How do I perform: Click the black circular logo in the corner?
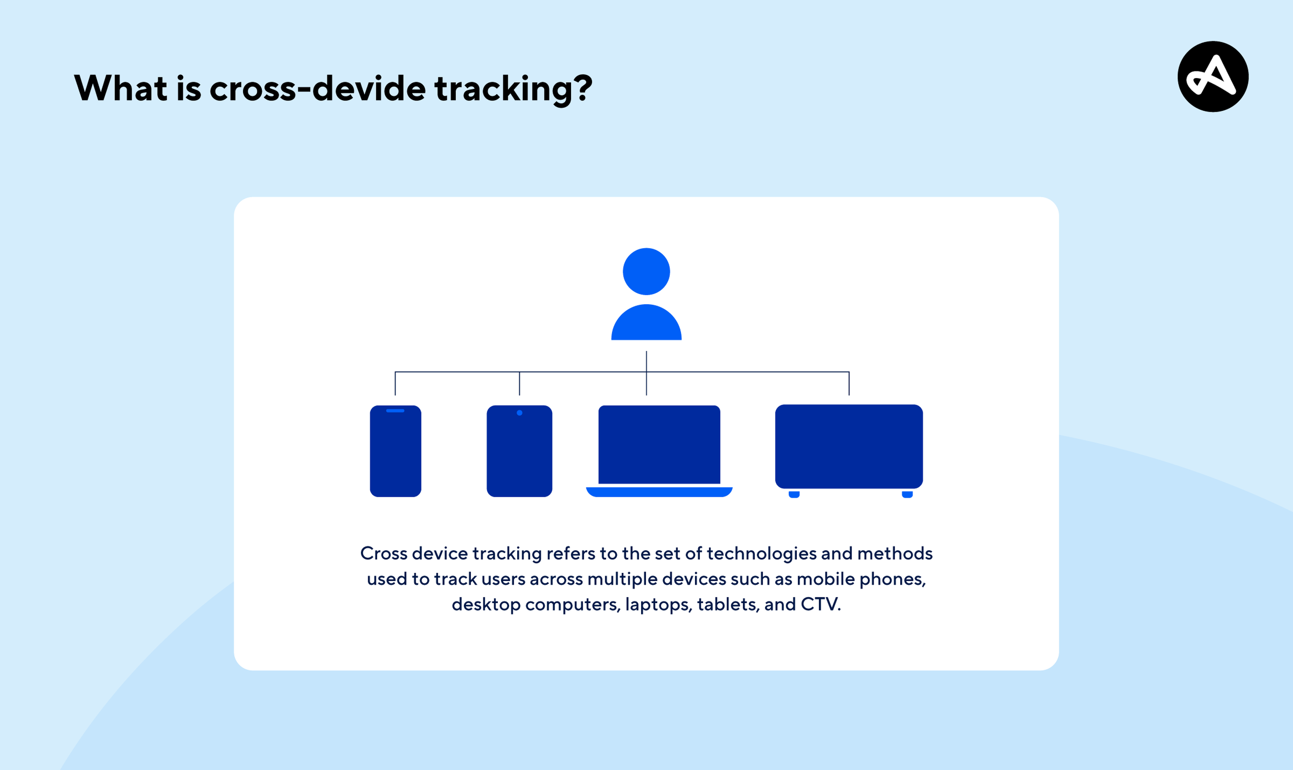[x=1213, y=76]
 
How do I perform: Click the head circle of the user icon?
[x=646, y=271]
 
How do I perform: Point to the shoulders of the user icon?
[x=646, y=323]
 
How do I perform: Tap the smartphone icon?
[x=396, y=451]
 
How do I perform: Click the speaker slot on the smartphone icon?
[x=395, y=411]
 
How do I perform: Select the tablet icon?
[x=519, y=451]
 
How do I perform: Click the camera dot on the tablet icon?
[x=519, y=412]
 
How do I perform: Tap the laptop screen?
[x=659, y=444]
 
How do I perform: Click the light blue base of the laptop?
[x=659, y=492]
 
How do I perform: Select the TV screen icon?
[x=849, y=446]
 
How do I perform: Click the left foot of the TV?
[x=794, y=494]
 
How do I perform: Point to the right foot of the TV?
[x=907, y=494]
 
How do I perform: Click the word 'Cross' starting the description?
[x=383, y=553]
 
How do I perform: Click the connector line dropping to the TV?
[x=849, y=384]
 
